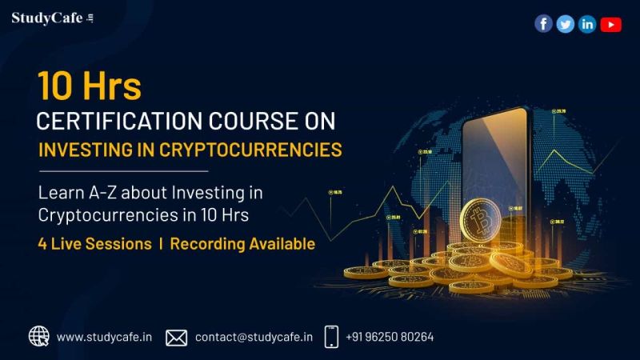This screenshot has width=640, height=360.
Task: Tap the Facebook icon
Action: (x=543, y=24)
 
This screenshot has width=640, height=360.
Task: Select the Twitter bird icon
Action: (x=566, y=24)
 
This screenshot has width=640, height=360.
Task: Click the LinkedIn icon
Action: (x=588, y=24)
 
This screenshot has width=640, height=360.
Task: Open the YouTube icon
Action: (x=611, y=24)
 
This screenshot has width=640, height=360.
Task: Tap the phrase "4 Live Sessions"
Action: (x=94, y=244)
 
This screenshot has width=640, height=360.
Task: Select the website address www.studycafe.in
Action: (x=104, y=337)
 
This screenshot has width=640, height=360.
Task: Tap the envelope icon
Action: (x=176, y=337)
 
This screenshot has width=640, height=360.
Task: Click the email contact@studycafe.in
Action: (x=254, y=337)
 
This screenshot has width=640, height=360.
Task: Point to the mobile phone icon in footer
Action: (x=331, y=337)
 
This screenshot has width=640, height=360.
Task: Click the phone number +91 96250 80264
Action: (x=390, y=337)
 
